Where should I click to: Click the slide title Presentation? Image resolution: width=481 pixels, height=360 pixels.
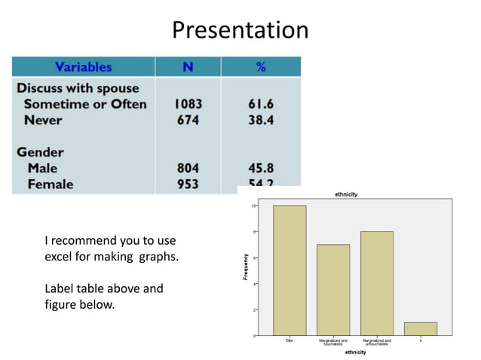pos(240,30)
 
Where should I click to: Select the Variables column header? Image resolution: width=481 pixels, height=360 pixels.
pos(83,67)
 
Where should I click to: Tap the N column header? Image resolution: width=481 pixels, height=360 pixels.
pos(188,67)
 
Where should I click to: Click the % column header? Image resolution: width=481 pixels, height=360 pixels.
pos(260,67)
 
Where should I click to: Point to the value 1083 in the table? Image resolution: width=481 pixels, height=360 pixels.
pos(188,104)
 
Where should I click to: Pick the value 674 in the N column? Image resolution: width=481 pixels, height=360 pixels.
pos(188,120)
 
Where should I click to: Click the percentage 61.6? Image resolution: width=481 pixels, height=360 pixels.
pos(260,104)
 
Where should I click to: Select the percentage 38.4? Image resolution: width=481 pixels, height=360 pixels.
pos(260,120)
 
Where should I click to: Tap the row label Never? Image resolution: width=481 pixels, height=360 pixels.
pos(43,120)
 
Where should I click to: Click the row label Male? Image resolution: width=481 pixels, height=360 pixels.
pos(42,168)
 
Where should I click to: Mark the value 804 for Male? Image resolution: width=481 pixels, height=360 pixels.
pos(188,168)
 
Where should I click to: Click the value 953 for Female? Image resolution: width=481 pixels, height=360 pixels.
pos(188,184)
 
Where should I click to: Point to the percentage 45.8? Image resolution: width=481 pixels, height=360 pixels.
pos(260,168)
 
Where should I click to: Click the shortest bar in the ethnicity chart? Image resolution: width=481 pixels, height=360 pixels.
pos(421,328)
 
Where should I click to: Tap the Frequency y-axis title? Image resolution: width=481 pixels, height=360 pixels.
pos(246,267)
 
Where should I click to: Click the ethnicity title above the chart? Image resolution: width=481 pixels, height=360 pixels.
pos(346,194)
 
